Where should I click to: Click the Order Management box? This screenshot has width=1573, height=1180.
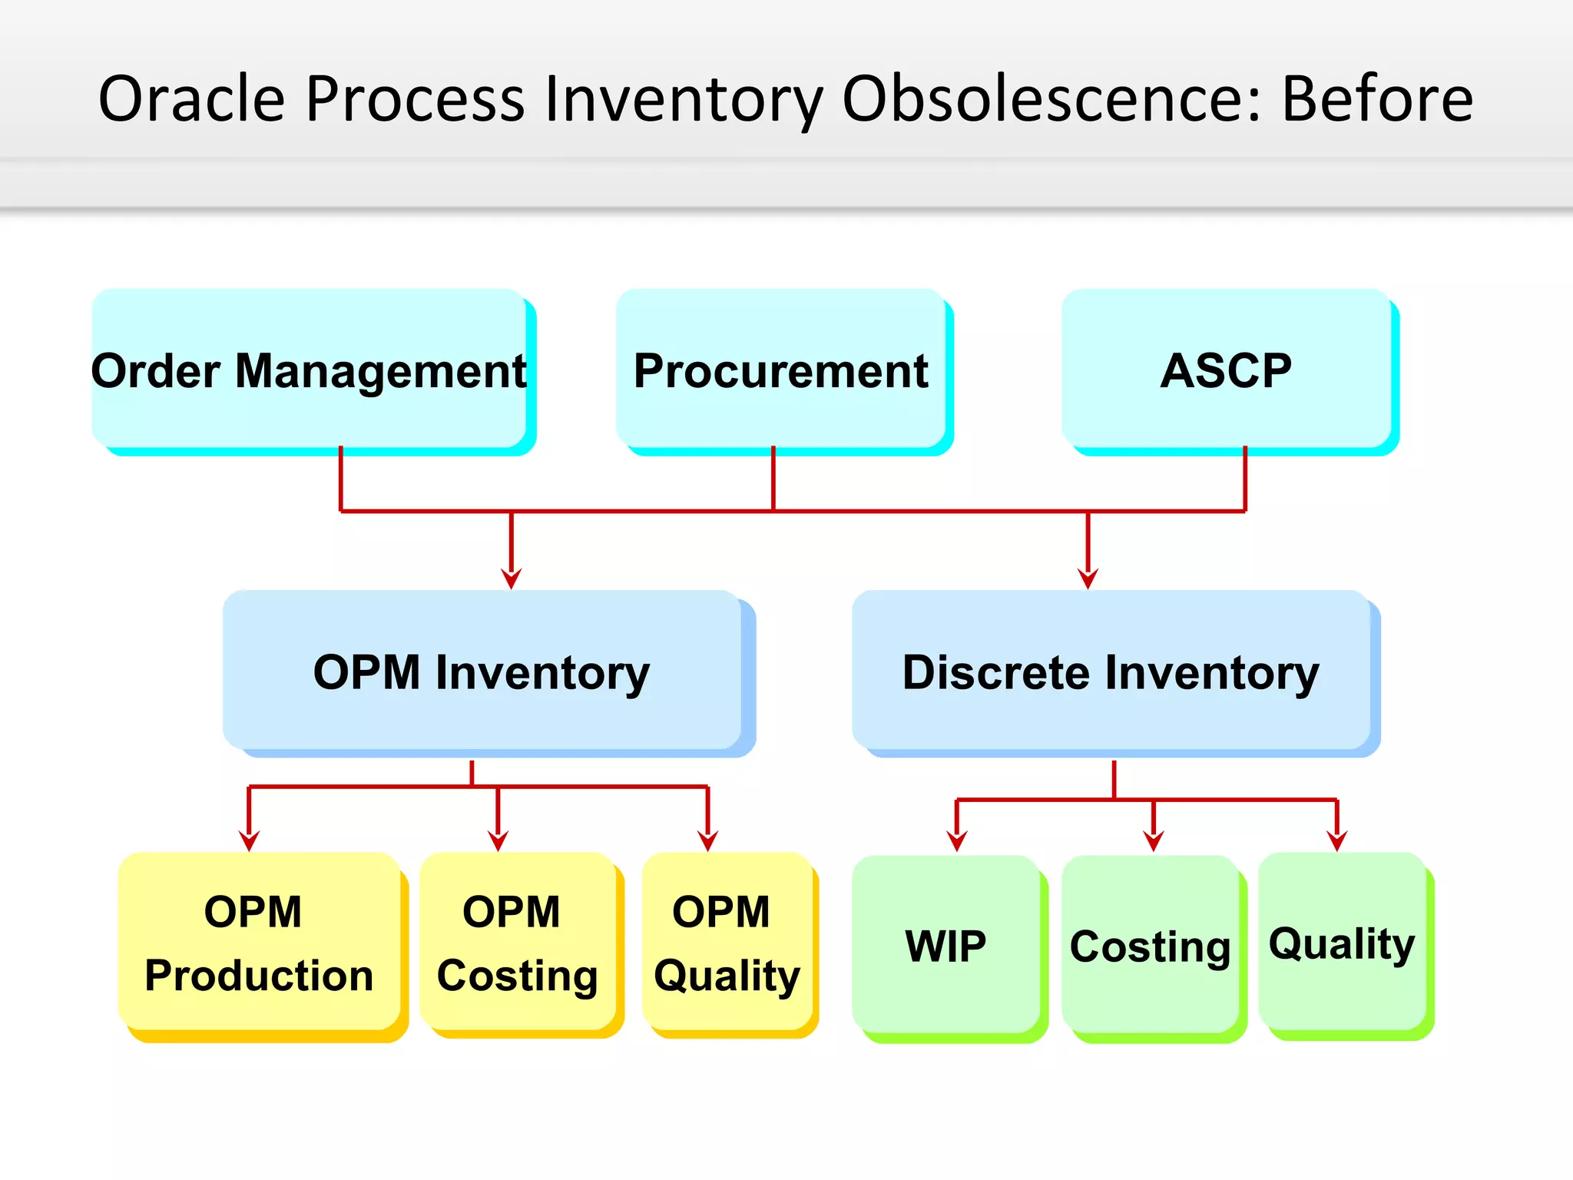310,369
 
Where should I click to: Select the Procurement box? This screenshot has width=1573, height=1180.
781,369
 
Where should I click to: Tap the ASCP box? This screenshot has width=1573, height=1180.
1227,369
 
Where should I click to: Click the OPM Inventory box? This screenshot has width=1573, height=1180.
482,671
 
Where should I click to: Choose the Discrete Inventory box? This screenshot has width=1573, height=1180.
1111,671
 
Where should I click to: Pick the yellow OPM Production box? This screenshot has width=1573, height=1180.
259,943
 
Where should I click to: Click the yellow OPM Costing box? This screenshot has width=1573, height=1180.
517,943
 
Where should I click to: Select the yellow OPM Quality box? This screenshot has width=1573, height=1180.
727,943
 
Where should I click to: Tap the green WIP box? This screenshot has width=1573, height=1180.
945,945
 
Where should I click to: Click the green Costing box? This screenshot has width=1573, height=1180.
1150,945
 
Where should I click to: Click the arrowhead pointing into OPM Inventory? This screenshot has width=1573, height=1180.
512,578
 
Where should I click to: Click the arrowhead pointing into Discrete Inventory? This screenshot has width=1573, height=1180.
1088,578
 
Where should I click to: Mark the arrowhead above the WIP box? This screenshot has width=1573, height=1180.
957,841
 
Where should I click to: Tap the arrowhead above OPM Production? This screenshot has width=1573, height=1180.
249,840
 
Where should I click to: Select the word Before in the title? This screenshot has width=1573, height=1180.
1377,98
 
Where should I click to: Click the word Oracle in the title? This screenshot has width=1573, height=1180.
192,98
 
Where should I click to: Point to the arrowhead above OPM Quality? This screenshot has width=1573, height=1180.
707,840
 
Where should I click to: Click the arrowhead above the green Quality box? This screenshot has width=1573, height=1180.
1337,840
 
